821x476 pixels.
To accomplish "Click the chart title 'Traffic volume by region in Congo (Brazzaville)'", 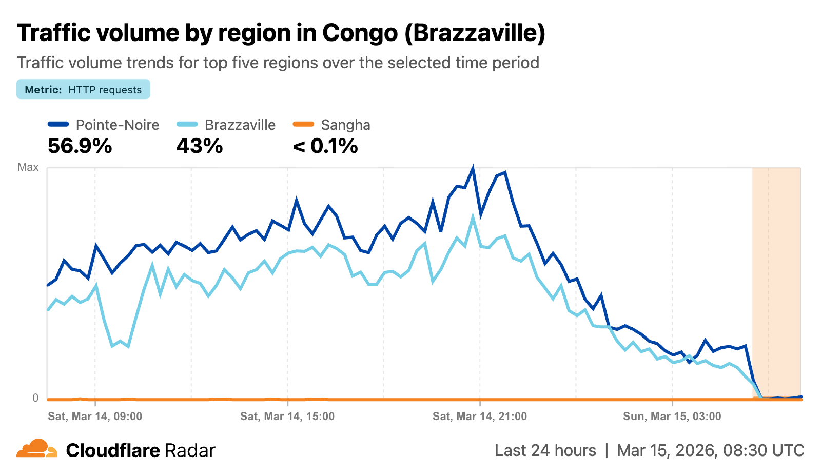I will point(281,33).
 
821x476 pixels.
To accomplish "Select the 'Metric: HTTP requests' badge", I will point(83,89).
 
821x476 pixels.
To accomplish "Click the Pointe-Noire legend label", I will point(117,125).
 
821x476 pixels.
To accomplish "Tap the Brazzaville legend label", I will point(240,125).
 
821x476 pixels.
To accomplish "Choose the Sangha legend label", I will point(345,125).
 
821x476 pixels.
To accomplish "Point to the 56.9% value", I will point(80,146).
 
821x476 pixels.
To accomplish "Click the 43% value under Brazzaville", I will point(200,146).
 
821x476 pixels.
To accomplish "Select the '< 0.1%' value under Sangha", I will point(325,146).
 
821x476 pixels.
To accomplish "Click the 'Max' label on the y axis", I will point(28,167).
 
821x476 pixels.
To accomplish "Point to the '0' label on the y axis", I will point(35,398).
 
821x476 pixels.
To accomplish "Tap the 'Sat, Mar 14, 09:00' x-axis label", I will point(95,416).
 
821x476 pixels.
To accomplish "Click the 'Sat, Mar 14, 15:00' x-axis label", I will point(287,416).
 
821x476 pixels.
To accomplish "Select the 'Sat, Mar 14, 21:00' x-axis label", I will point(480,416).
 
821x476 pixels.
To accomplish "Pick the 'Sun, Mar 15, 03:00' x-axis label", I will point(672,416).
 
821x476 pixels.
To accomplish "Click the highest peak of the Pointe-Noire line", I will point(473,168).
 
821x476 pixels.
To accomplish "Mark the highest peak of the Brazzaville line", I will point(473,217).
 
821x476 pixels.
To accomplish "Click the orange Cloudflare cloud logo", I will point(37,449).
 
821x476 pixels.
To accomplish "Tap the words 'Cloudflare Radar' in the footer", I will point(141,450).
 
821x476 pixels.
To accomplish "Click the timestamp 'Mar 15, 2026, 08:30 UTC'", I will point(710,450).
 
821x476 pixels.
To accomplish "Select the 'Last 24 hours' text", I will point(545,450).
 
